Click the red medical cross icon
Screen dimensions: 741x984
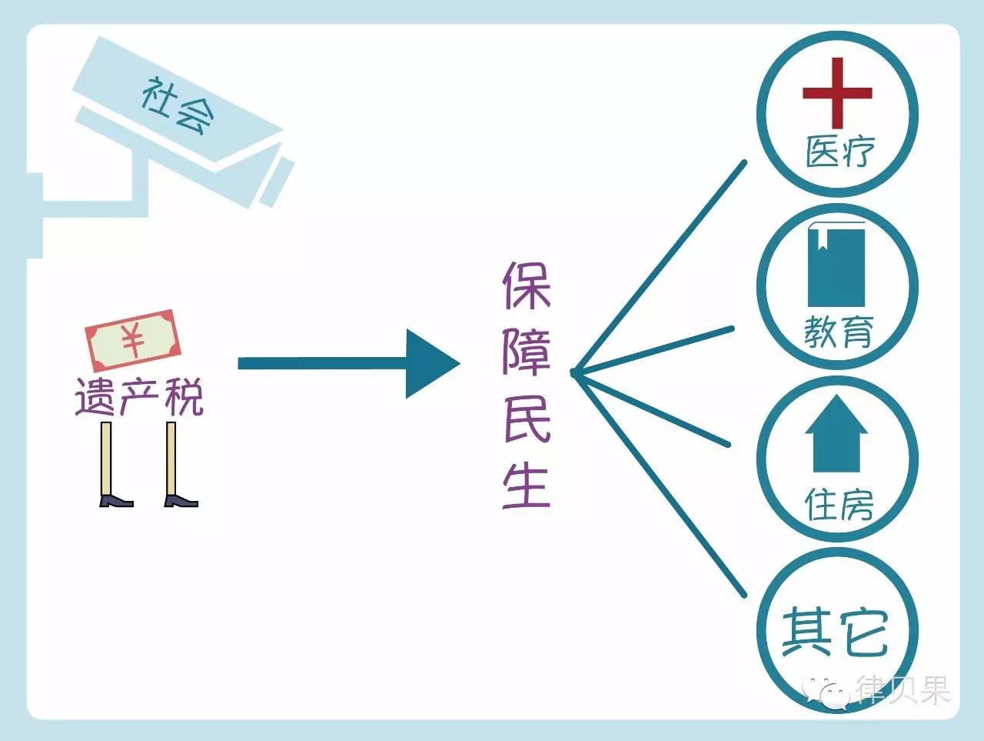pyautogui.click(x=837, y=93)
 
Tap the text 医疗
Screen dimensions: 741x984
pyautogui.click(x=839, y=152)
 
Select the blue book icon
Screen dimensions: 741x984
pyautogui.click(x=836, y=264)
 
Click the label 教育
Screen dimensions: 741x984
pyautogui.click(x=839, y=331)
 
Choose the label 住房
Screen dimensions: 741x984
pyautogui.click(x=839, y=504)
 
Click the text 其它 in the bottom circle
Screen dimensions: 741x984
pyautogui.click(x=835, y=633)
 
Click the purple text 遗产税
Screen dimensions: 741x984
pyautogui.click(x=139, y=398)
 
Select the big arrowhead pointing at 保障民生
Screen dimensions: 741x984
pyautogui.click(x=430, y=364)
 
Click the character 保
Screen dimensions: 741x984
pyautogui.click(x=527, y=285)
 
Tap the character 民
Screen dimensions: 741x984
pyautogui.click(x=527, y=419)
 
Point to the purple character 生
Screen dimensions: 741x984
pyautogui.click(x=527, y=485)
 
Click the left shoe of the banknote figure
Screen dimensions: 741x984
pyautogui.click(x=115, y=501)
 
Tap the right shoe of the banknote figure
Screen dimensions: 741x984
pyautogui.click(x=181, y=501)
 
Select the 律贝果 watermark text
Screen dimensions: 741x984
pyautogui.click(x=904, y=689)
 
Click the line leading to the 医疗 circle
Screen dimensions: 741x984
pyautogui.click(x=661, y=266)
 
